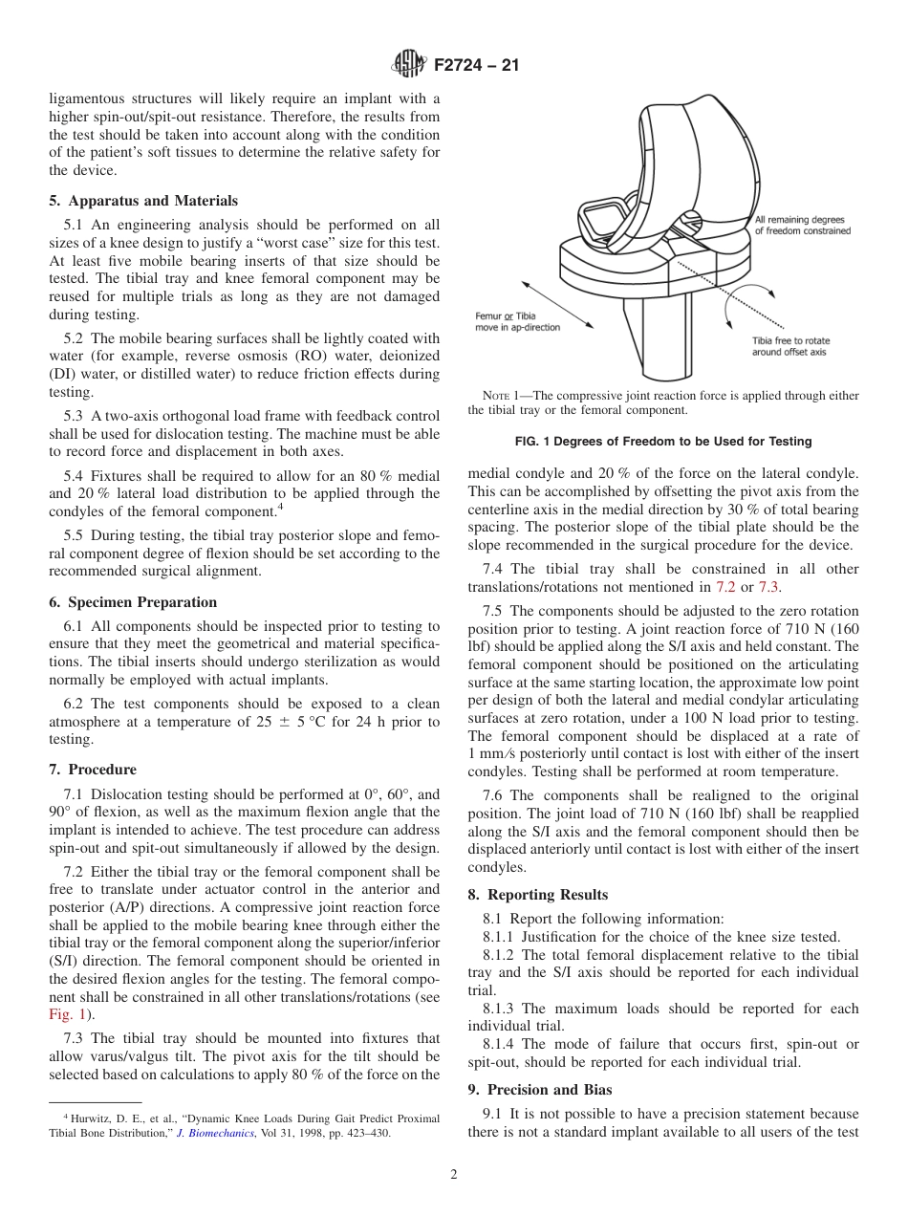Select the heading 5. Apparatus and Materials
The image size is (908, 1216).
coord(143,201)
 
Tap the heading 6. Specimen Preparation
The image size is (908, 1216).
coord(133,602)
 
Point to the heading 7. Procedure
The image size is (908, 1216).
coord(93,770)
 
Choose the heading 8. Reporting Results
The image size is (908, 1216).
coord(537,895)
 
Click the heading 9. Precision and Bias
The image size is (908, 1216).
coord(539,1090)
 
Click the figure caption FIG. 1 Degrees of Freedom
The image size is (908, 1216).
coord(663,442)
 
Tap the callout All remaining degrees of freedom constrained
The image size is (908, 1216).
coord(802,225)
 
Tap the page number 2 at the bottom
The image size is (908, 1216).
coord(454,1175)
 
